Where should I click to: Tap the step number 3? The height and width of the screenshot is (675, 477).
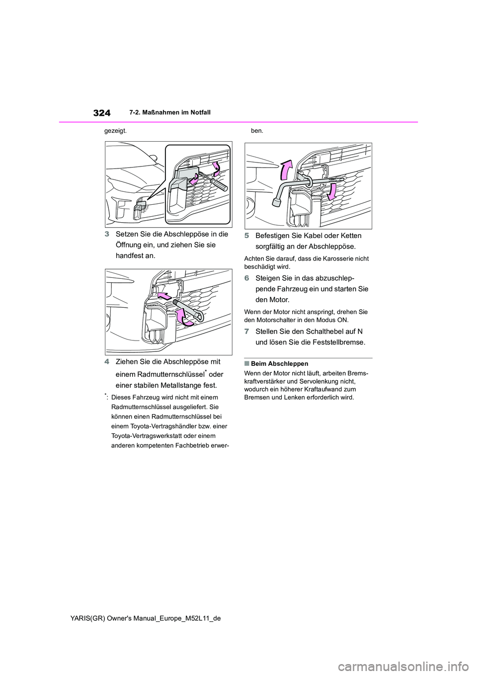coord(107,235)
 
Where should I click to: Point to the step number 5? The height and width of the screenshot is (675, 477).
coord(247,236)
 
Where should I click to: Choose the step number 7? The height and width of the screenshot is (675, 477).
coord(247,332)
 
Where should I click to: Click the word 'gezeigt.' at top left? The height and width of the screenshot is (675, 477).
coord(115,131)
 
